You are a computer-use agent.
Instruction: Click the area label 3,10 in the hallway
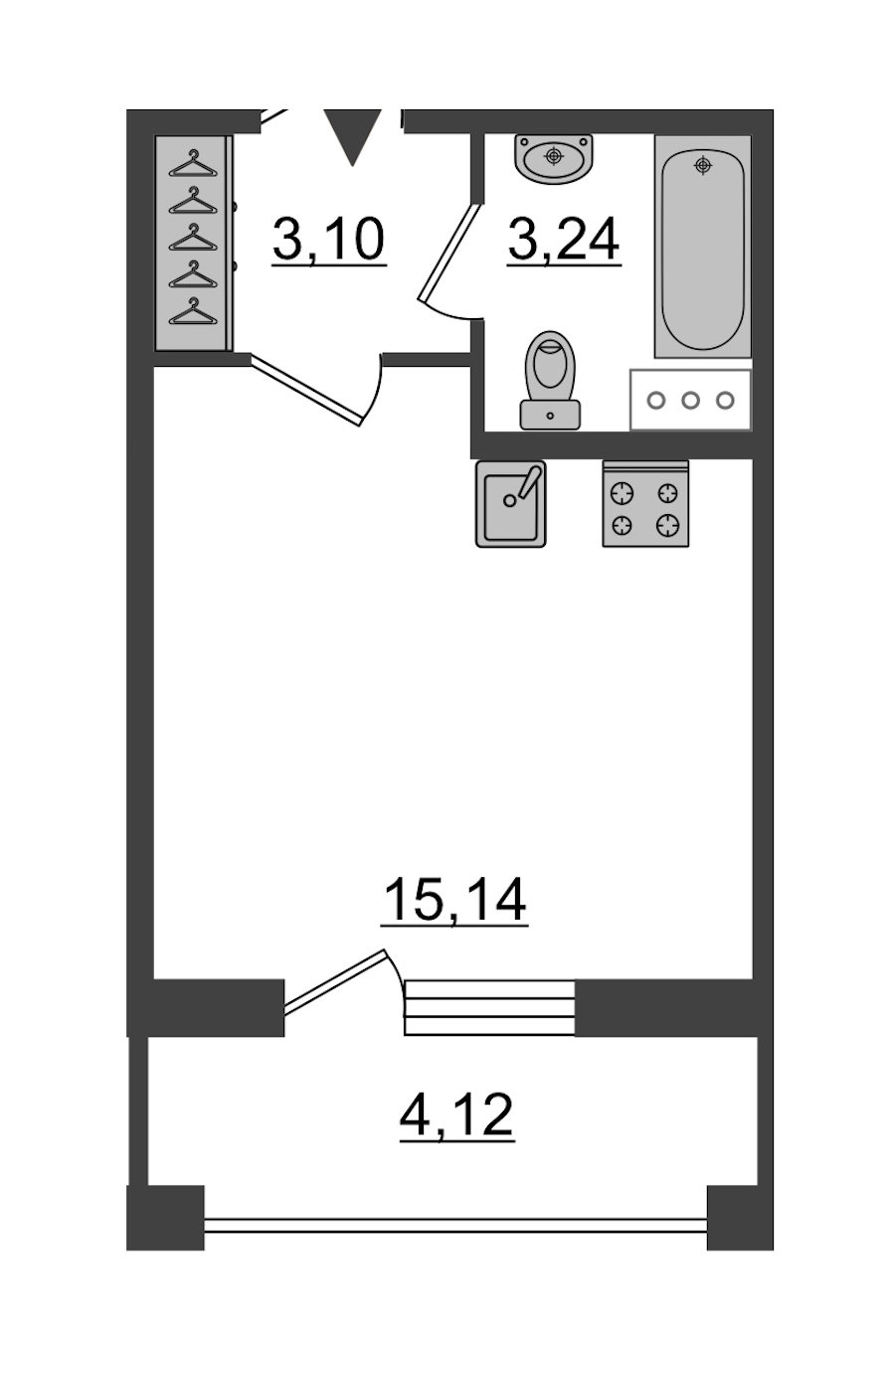329,239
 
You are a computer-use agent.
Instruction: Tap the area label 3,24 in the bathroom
564,240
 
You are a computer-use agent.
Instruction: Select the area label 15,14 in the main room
454,900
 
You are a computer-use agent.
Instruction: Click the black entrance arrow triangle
352,135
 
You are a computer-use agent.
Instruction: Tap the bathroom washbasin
554,158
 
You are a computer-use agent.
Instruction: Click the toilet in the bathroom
550,380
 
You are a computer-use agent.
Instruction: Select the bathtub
702,247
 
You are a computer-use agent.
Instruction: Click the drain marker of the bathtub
702,165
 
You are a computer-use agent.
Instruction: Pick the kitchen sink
510,504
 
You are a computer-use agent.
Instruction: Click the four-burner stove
645,504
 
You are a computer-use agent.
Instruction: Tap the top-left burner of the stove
622,493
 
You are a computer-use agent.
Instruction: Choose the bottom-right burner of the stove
667,525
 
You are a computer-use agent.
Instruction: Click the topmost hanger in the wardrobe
193,163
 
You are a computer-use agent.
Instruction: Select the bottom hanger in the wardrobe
193,311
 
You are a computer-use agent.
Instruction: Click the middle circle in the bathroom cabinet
691,401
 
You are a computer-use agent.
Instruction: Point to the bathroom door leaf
448,253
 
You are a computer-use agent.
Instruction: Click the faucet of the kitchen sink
529,481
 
